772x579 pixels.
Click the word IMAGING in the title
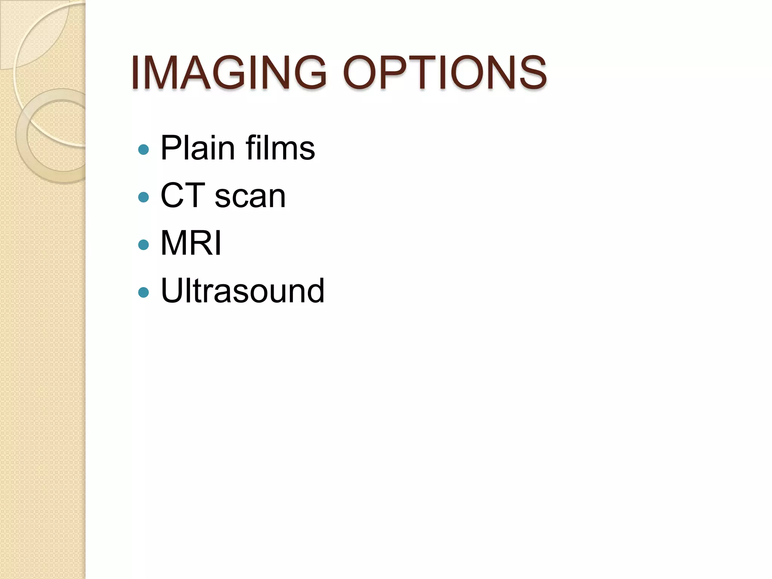(x=228, y=73)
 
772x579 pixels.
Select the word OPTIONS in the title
(x=445, y=73)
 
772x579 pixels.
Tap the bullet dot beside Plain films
(x=144, y=150)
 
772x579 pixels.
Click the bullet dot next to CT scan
(x=144, y=197)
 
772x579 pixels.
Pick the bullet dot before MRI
(x=144, y=245)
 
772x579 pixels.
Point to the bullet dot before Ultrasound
(x=144, y=293)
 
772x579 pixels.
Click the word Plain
(x=198, y=148)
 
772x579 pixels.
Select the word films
(x=280, y=148)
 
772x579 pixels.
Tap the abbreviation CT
(x=183, y=196)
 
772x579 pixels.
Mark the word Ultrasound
(x=242, y=291)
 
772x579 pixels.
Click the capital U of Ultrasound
(x=173, y=291)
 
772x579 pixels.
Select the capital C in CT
(x=173, y=196)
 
